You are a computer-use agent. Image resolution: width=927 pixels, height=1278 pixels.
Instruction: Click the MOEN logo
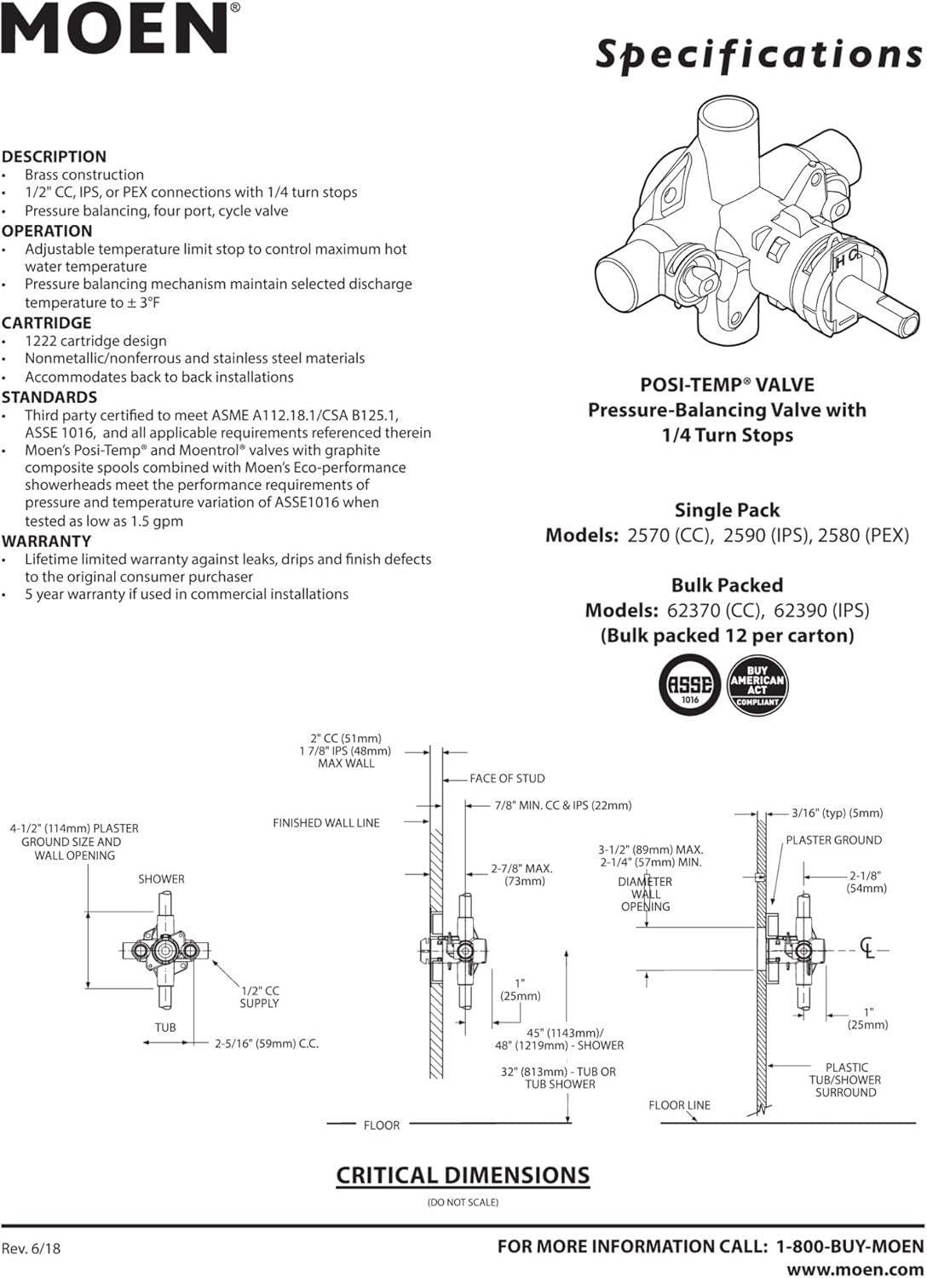119,29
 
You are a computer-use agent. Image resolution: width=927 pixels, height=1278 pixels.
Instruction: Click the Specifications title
758,54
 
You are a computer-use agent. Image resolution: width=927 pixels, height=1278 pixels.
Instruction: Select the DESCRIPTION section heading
54,157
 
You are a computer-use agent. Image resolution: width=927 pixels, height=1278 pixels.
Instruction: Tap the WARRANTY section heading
46,541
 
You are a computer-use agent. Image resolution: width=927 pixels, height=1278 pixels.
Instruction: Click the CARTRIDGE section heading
46,323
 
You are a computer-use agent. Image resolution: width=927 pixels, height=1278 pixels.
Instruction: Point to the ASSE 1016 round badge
689,684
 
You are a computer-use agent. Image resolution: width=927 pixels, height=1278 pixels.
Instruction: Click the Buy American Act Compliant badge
757,684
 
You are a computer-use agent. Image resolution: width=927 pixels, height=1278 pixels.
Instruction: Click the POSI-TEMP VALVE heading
727,385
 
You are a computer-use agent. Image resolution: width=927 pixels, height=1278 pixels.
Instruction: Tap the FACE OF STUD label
507,779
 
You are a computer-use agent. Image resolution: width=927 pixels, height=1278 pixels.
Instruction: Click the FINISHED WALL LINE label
325,823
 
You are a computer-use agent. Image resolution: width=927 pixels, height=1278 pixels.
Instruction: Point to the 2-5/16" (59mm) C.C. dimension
266,1044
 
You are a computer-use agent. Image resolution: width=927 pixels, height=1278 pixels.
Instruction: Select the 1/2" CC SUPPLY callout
259,997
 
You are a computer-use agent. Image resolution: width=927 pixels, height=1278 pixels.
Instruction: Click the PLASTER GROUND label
833,840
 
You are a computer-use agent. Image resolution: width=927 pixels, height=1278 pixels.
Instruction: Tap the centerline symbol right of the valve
867,948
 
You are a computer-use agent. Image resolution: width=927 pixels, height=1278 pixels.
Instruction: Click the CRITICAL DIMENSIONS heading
463,1176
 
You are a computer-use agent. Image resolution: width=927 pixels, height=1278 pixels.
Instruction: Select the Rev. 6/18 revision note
32,1248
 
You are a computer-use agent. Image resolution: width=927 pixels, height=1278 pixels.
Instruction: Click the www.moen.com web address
855,1269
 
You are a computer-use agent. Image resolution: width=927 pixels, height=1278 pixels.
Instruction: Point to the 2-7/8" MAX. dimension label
521,874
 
